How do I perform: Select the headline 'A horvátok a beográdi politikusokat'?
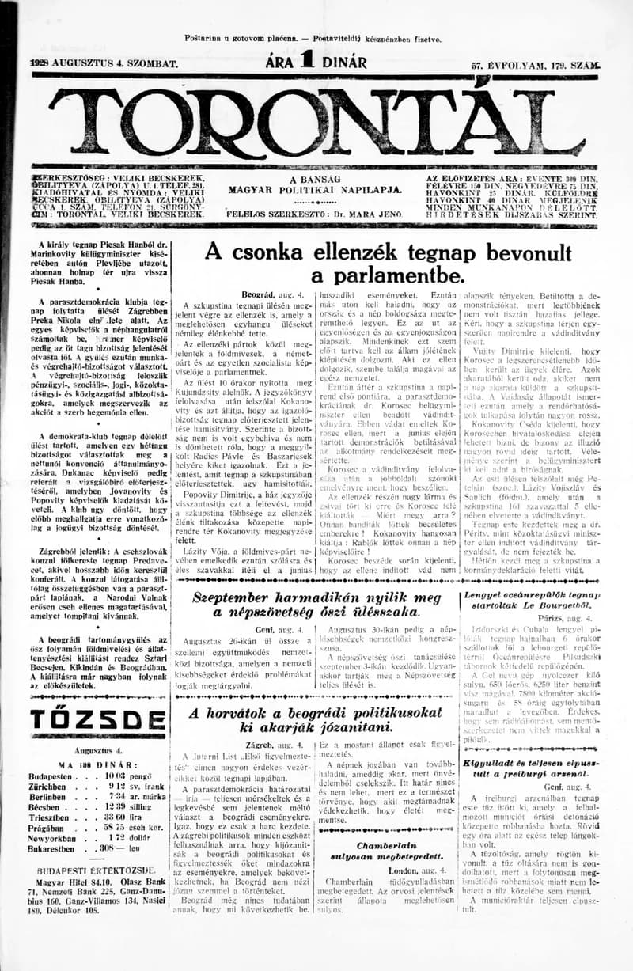click(316, 717)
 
